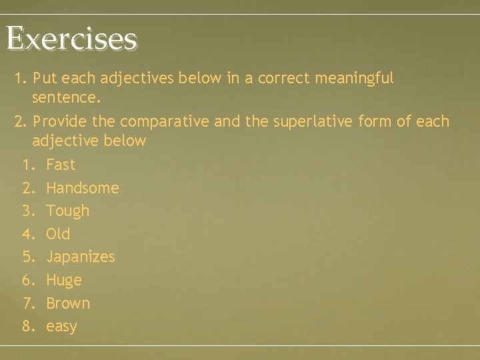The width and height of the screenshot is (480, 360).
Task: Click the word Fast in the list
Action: [x=61, y=165]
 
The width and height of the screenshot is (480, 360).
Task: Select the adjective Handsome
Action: [x=83, y=188]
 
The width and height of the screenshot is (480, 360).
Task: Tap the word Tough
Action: [x=67, y=211]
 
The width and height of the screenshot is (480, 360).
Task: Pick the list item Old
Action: [x=58, y=234]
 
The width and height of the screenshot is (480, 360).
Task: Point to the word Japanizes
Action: [x=81, y=257]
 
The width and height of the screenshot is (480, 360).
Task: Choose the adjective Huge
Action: [x=64, y=281]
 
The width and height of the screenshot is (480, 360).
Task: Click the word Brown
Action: [x=68, y=303]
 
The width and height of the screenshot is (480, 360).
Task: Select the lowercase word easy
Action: [x=62, y=327]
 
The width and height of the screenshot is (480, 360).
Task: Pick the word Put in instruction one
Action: [x=43, y=79]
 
